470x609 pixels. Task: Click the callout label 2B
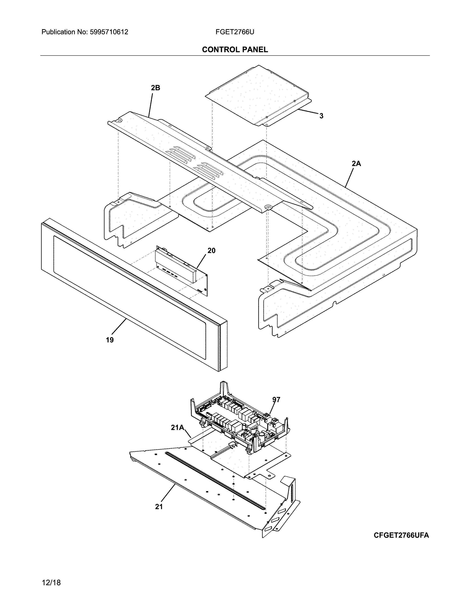coord(155,88)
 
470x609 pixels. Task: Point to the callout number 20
coord(211,251)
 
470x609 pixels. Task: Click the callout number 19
coord(110,340)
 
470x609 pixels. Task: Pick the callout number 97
coord(276,400)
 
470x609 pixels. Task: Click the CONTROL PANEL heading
coord(235,50)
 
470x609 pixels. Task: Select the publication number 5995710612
coord(109,32)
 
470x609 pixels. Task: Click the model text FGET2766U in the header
coord(234,32)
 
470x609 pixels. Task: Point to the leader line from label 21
coord(168,493)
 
